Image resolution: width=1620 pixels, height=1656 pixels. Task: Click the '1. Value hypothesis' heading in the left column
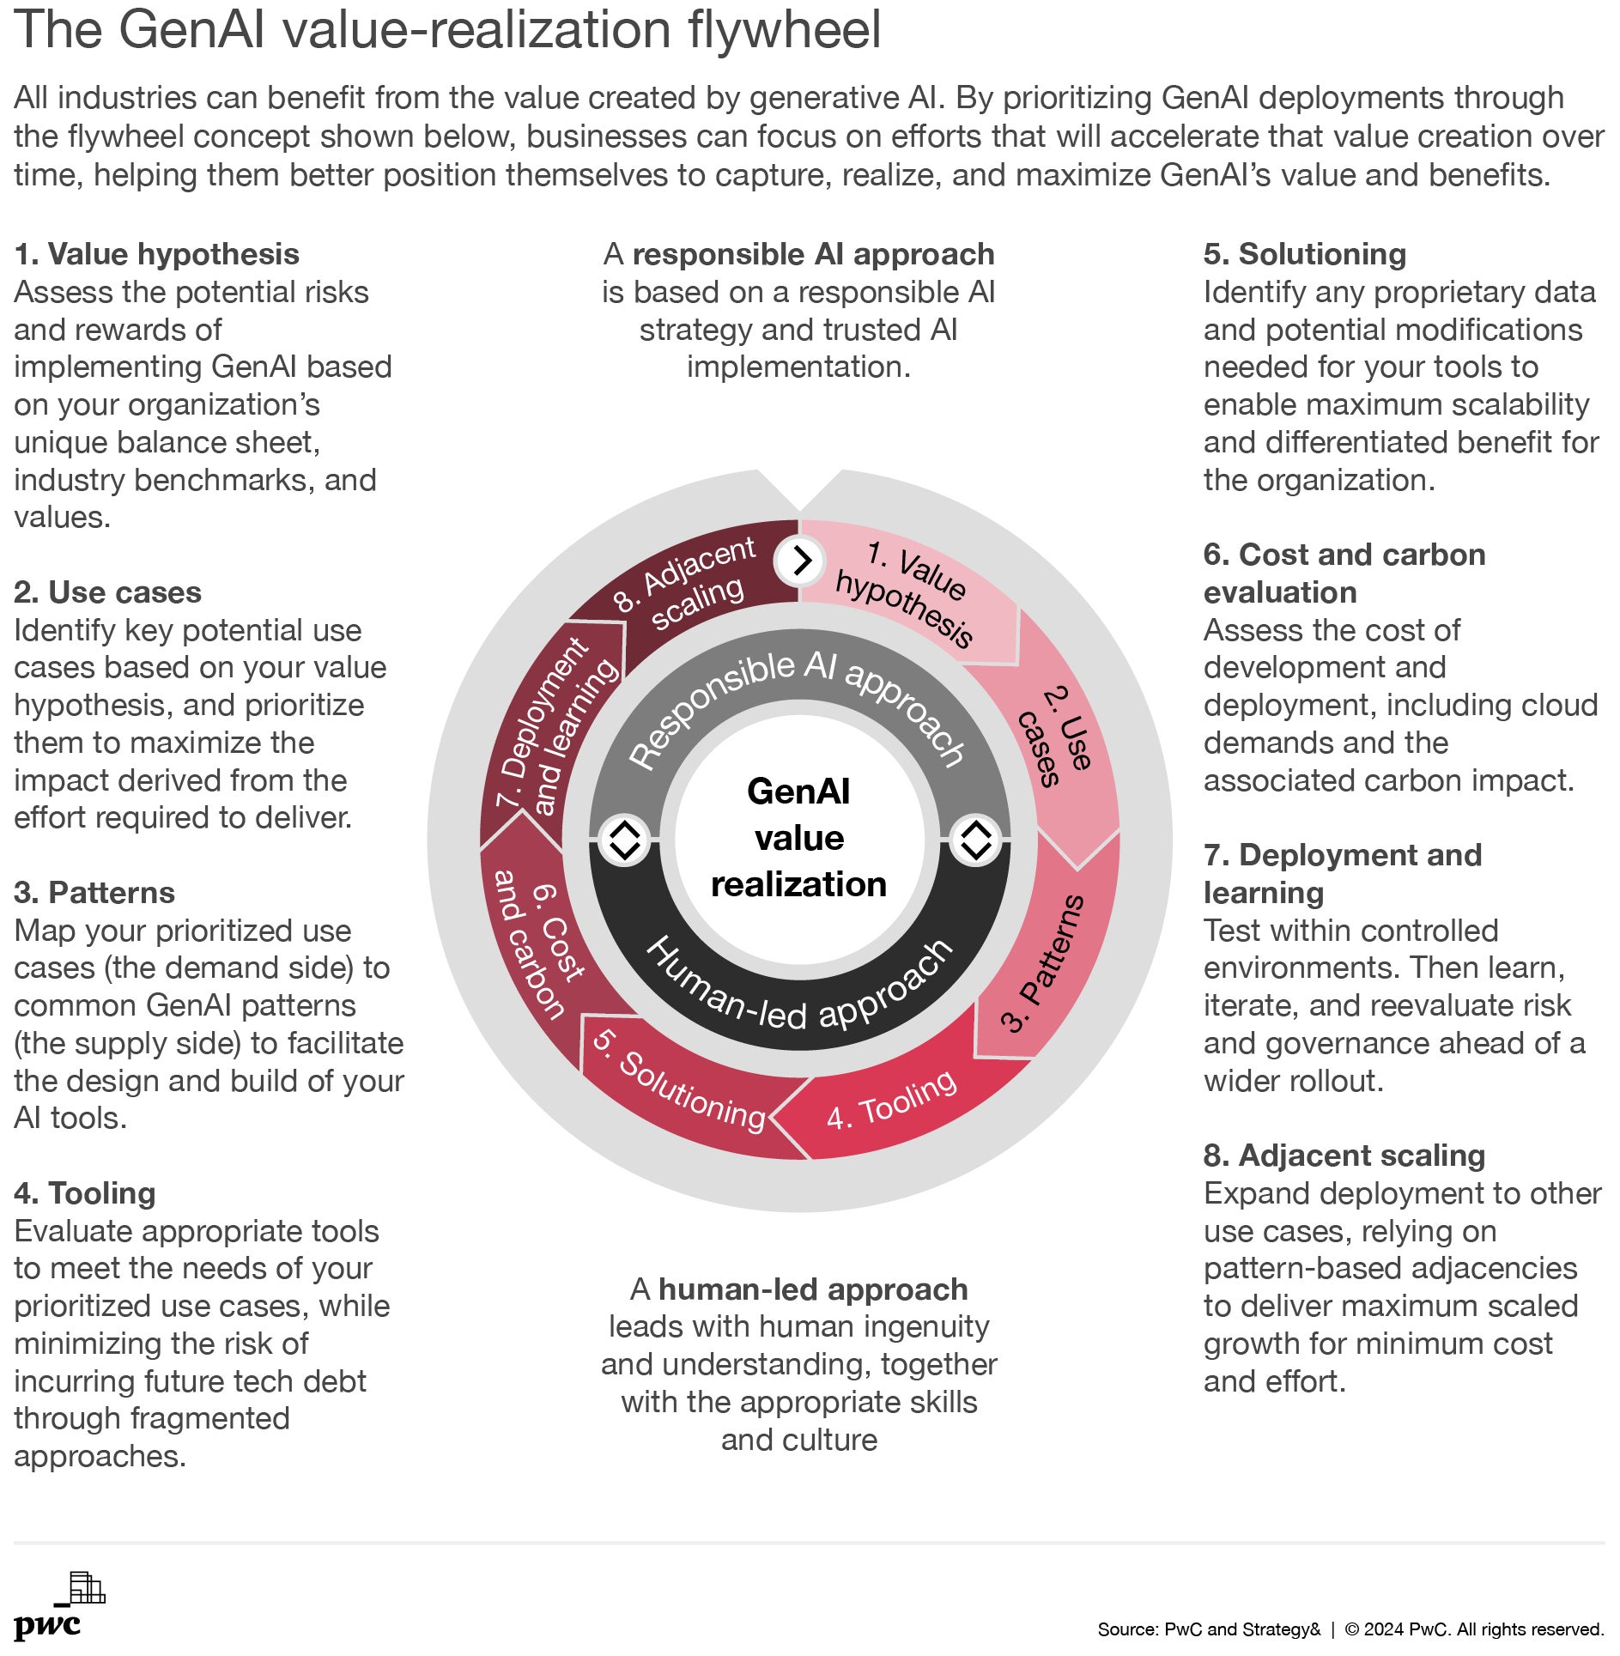coord(156,254)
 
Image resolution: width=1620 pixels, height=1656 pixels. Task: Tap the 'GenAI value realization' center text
coord(799,838)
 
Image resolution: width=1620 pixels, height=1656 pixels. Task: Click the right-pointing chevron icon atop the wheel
coord(800,561)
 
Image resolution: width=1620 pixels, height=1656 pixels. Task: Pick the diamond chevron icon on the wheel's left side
coord(624,839)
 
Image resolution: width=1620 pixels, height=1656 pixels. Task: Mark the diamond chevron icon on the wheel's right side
coord(976,839)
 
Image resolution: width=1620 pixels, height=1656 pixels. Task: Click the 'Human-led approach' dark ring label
coord(799,987)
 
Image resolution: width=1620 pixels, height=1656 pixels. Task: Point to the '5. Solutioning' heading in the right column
coord(1305,254)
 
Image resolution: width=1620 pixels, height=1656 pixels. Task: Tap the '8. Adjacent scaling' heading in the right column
coord(1344,1156)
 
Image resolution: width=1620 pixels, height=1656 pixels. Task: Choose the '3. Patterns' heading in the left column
coord(94,893)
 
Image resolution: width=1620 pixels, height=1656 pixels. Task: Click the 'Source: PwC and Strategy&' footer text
coord(1209,1629)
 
